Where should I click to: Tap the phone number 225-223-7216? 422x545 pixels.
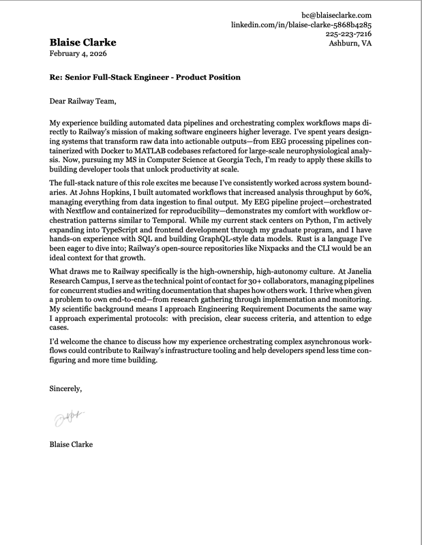tap(348, 33)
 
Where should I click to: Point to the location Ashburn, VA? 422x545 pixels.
tap(350, 43)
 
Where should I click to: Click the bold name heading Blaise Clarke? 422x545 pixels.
tap(82, 43)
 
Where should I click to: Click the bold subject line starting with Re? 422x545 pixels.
tap(145, 77)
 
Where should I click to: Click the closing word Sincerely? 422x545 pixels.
tap(66, 389)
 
